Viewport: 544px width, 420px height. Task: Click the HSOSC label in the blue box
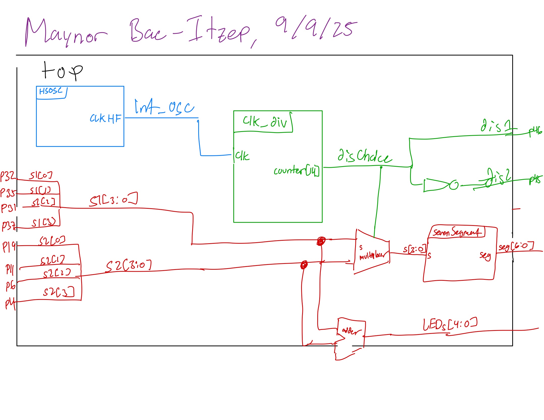pos(50,91)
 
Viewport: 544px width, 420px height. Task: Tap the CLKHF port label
pos(105,118)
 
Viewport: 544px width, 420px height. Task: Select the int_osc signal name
pos(164,107)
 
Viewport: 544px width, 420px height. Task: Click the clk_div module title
pos(265,122)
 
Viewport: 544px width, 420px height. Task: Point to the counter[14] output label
pos(296,171)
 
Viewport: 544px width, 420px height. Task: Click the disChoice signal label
pos(364,156)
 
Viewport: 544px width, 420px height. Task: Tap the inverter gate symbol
pos(440,185)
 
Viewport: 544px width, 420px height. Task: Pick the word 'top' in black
pos(62,72)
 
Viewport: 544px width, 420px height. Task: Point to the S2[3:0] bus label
pos(129,266)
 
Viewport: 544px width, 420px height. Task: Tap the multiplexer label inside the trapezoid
pos(372,256)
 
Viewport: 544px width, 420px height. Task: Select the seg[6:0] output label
pos(516,246)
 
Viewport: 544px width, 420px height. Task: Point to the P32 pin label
pos(8,176)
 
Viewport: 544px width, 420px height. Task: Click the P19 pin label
pos(9,247)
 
